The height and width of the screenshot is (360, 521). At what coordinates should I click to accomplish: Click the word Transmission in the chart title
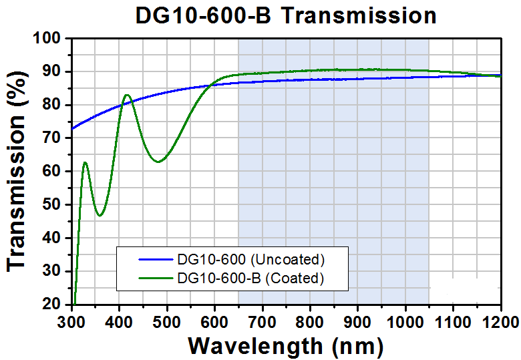coord(358,15)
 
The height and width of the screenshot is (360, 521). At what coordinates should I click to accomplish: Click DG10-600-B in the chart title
coord(204,15)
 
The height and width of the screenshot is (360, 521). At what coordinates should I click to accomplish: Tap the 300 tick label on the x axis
coord(72,320)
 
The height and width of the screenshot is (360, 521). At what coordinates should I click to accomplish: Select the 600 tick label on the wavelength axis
coord(215,320)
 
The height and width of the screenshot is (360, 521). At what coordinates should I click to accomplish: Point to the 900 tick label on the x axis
coord(358,320)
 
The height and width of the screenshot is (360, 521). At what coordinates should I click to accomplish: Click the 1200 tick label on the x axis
coord(500,320)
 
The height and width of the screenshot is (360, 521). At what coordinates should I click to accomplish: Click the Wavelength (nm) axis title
coord(286,346)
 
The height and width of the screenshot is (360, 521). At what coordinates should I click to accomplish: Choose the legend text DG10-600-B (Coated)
coord(250,278)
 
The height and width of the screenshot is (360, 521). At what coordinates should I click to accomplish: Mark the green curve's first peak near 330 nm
coord(85,162)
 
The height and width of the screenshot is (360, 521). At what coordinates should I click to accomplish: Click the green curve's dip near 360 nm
coord(100,215)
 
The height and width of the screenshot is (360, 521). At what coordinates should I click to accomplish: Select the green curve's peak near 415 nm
coord(126,95)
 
